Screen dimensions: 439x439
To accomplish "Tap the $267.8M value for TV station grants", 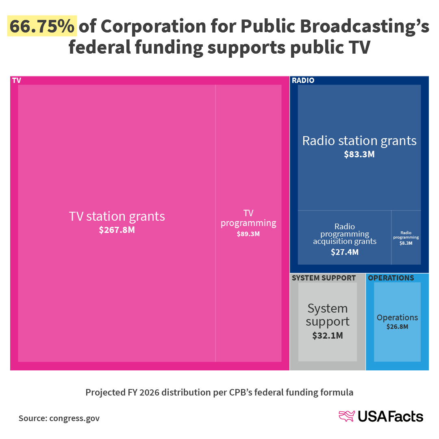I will pyautogui.click(x=117, y=230).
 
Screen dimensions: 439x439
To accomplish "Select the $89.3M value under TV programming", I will pyautogui.click(x=248, y=234).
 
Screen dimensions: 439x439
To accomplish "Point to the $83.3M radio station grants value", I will pyautogui.click(x=359, y=154).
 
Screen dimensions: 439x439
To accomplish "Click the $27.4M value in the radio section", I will pyautogui.click(x=345, y=252).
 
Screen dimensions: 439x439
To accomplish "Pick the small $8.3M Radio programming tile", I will pyautogui.click(x=406, y=238).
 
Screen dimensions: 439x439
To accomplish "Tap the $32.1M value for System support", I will pyautogui.click(x=327, y=336).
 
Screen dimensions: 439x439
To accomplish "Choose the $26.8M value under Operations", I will pyautogui.click(x=397, y=326).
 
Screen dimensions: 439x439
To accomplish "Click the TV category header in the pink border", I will pyautogui.click(x=16, y=80).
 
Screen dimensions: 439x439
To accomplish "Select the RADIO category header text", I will pyautogui.click(x=303, y=80).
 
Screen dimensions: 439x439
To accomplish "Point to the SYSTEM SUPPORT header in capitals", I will pyautogui.click(x=324, y=278).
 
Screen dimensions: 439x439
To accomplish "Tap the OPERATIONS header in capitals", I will pyautogui.click(x=391, y=278).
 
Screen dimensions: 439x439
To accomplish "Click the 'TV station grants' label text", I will pyautogui.click(x=117, y=216).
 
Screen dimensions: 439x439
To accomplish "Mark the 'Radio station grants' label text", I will pyautogui.click(x=359, y=141).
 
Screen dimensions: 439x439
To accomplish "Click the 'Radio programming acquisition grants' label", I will pyautogui.click(x=345, y=234).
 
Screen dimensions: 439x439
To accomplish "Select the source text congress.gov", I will pyautogui.click(x=74, y=418).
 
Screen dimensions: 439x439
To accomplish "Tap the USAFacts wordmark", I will pyautogui.click(x=390, y=417).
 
